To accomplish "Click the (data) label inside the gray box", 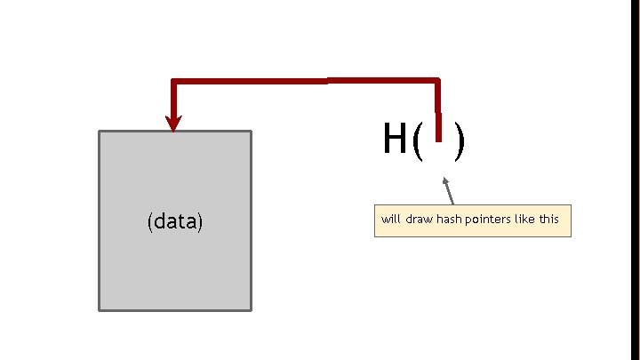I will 175,221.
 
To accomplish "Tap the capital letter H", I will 395,139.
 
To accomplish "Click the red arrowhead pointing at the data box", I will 173,123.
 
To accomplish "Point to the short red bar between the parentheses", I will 437,127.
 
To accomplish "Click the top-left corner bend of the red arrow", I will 174,83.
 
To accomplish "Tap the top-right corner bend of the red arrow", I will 436,82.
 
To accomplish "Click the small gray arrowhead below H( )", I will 445,181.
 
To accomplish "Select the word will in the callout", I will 390,219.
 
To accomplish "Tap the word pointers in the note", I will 487,219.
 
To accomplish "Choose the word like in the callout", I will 524,219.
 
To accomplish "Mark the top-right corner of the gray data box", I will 251,132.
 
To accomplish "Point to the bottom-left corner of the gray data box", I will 100,309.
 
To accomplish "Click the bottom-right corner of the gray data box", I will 251,309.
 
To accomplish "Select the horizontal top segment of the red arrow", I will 302,82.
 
